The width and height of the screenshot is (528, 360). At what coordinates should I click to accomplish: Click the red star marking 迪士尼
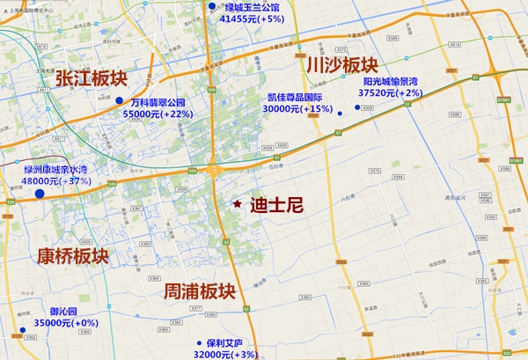238,204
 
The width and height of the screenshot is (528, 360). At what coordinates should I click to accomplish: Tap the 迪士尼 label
276,205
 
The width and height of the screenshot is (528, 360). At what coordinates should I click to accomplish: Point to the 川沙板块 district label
342,66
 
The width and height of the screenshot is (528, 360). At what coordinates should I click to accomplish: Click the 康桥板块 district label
73,256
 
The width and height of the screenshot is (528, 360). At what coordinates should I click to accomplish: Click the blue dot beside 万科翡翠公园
119,103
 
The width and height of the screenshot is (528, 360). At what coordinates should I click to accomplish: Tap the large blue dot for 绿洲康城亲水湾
40,193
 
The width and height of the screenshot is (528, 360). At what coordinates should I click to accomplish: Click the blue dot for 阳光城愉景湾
357,107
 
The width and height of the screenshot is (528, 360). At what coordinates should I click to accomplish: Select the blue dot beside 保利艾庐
196,344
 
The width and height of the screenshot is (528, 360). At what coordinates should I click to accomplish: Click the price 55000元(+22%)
158,114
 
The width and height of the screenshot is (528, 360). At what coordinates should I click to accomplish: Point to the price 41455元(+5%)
252,18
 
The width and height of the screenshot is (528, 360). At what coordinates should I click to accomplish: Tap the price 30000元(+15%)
297,109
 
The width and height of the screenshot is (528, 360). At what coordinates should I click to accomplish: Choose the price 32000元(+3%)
224,354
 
